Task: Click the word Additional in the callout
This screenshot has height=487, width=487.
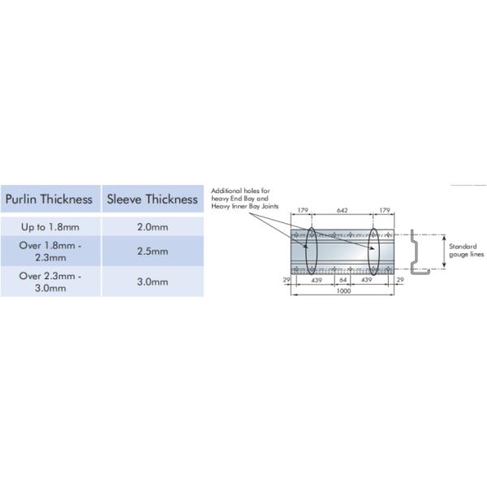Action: tap(224, 191)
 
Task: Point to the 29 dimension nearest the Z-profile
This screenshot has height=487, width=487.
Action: tap(399, 280)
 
